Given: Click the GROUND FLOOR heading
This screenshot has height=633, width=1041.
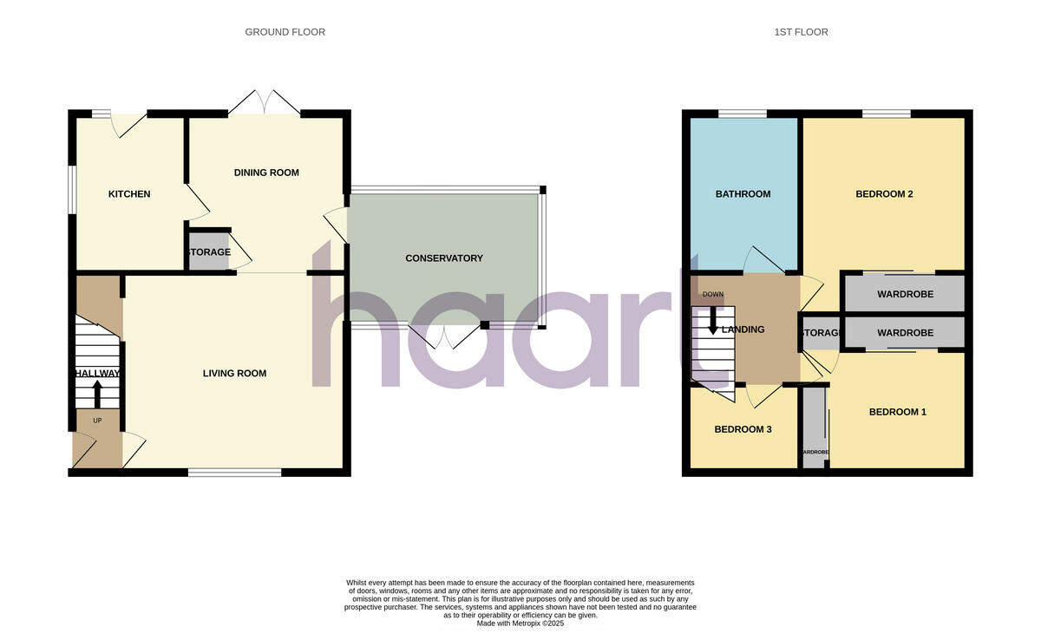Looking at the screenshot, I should coord(285,32).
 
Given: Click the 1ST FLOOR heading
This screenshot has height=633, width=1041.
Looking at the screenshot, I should coord(801,32).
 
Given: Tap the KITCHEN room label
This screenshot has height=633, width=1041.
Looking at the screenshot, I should coord(128,194).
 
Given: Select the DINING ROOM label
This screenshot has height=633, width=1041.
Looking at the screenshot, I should coord(266,173).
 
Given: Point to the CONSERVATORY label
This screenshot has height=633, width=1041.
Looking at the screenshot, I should coord(444,258).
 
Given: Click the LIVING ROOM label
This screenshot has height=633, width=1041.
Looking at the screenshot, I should coord(234,374).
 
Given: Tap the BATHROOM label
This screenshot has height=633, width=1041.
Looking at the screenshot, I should coord(743,194).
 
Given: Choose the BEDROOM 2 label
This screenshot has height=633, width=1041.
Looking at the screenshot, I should coord(884,194).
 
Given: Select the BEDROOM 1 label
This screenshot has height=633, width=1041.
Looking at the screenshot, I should coord(897,412).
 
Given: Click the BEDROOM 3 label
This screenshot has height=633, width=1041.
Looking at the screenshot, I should coord(743,429).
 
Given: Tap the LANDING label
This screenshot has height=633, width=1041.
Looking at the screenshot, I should coord(743,330).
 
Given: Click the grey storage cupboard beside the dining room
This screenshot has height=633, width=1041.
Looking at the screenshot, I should coord(208,252).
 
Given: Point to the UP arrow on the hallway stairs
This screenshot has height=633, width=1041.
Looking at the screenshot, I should coord(96,395).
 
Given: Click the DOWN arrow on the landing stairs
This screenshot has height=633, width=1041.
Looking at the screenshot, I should coord(713,323).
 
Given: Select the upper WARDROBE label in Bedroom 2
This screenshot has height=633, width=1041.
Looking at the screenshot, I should coord(905,294).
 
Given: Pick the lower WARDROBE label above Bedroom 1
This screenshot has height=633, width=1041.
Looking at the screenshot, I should coord(905,333).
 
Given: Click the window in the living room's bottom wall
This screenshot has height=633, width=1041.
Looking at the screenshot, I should coord(234,473).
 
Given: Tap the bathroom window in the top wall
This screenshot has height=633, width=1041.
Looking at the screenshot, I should coord(742,114).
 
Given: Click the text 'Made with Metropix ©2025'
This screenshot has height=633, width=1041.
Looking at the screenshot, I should coord(520,623).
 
